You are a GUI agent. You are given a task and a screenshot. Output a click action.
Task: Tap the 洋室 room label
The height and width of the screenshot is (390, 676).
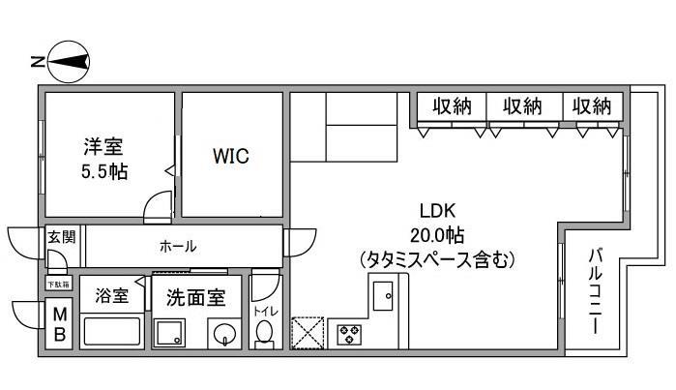[103, 148]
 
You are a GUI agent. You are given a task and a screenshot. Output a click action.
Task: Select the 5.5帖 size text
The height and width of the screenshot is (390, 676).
[104, 171]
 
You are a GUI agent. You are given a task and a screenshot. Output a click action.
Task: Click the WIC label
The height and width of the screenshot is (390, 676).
[231, 156]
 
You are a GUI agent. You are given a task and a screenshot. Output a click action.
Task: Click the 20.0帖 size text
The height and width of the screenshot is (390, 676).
[437, 236]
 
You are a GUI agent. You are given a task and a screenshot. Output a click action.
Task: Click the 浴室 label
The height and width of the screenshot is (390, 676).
[111, 297]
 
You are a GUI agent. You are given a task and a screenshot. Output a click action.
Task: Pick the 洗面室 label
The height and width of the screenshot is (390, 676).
[195, 297]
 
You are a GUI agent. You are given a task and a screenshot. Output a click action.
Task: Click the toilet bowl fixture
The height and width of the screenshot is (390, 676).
[263, 332]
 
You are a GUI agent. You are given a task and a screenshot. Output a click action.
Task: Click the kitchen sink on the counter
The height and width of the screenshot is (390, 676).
[383, 294]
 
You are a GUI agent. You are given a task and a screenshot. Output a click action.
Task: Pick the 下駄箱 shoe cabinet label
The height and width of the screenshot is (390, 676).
[59, 285]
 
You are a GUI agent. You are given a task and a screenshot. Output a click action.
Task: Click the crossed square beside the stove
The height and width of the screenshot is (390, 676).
[309, 332]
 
